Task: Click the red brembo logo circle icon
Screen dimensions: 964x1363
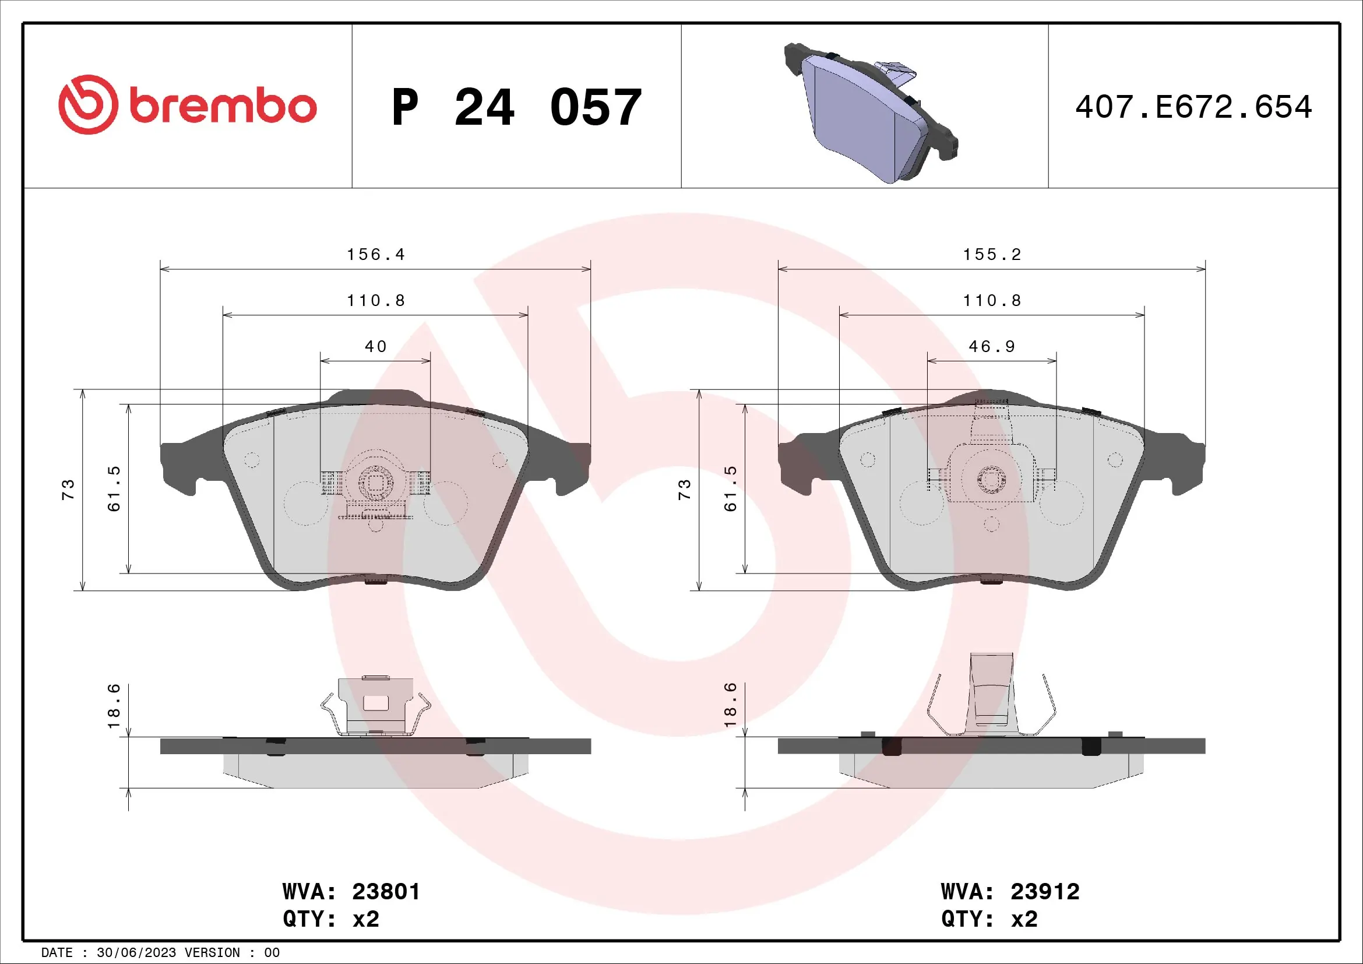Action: pos(88,104)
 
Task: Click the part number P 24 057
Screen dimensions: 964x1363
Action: pos(516,107)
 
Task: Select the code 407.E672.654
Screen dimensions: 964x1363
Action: pos(1193,107)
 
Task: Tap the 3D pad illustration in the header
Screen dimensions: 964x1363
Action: pos(869,113)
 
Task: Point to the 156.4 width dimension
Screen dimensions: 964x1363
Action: pos(375,255)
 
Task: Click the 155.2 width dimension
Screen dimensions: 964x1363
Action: pos(991,255)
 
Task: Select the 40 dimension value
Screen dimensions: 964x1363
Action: pos(375,347)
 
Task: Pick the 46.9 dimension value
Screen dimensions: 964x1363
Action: pos(991,347)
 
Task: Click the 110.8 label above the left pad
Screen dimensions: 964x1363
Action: pos(375,301)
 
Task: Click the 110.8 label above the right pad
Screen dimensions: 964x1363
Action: pos(991,301)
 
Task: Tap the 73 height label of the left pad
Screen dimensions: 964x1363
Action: pos(68,490)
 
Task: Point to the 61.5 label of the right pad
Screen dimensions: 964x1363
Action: pos(730,488)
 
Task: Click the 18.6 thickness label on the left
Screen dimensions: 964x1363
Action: pos(114,706)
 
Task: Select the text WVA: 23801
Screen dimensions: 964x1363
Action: pos(351,892)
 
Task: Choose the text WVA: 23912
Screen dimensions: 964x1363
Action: pos(1010,892)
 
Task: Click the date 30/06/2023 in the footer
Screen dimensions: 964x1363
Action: pos(136,953)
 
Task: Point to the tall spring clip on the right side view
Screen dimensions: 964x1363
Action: pos(991,695)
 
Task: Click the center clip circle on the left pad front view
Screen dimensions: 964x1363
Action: pos(375,483)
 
